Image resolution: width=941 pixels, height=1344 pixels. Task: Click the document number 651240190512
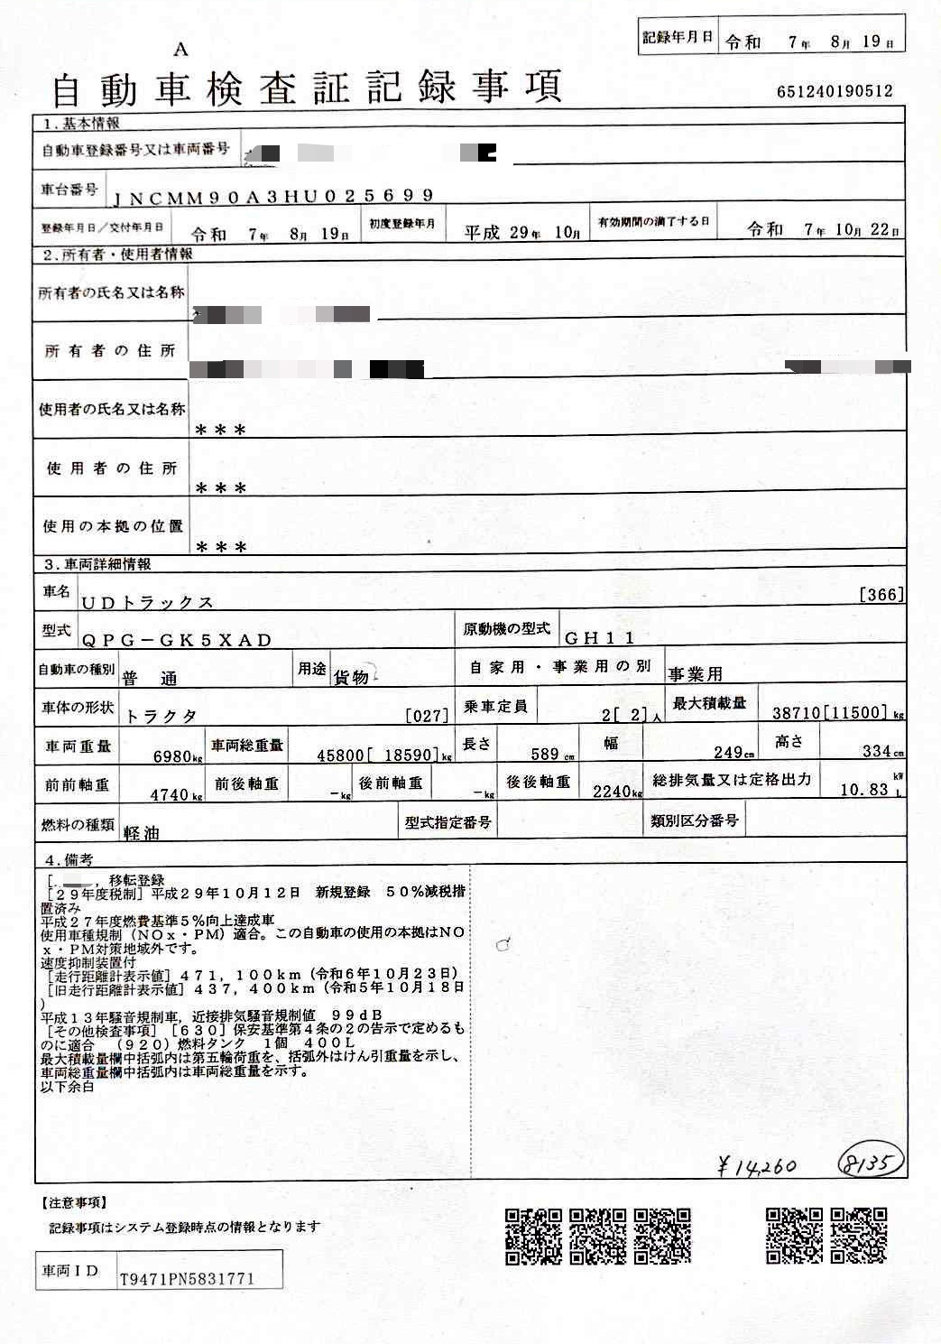[834, 91]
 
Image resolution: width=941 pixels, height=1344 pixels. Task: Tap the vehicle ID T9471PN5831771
[187, 1278]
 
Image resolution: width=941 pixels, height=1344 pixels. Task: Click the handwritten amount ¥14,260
[757, 1166]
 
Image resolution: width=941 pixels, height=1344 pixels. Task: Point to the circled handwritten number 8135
[870, 1163]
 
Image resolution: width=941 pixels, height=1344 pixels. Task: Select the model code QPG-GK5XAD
[177, 640]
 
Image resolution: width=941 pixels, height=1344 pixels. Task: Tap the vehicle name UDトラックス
[147, 602]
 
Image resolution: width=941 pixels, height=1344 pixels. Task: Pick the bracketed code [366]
[881, 594]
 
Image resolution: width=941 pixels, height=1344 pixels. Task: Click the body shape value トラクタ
[161, 716]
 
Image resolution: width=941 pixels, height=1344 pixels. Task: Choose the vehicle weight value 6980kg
[178, 756]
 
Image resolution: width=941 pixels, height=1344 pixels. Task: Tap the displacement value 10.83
[864, 789]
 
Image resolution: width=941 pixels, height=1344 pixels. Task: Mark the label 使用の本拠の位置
[113, 525]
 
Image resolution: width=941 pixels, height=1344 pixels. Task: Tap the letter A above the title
[182, 50]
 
